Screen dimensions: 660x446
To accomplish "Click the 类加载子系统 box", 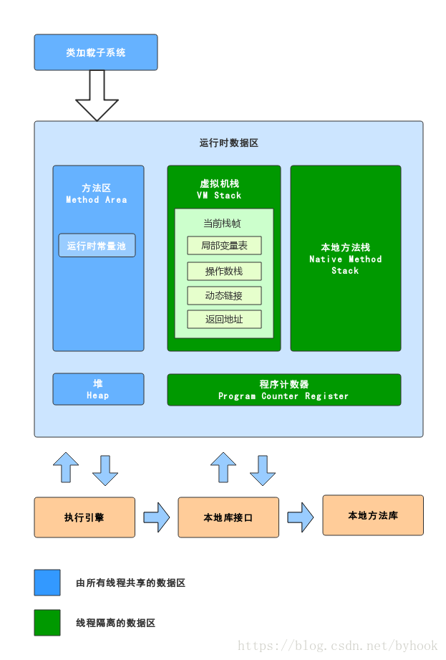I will click(96, 52).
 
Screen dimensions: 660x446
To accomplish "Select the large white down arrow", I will click(97, 97).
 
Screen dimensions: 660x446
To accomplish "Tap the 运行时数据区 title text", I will click(228, 143).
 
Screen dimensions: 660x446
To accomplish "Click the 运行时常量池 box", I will click(97, 246).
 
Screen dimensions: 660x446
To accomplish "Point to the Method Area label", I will click(97, 200).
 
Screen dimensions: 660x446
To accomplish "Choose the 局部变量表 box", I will click(224, 246).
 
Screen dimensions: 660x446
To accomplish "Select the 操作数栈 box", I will click(224, 271).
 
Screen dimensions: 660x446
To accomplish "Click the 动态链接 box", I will click(224, 295).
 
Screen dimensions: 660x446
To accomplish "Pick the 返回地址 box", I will click(224, 320).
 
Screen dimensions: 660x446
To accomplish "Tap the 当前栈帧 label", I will click(222, 224).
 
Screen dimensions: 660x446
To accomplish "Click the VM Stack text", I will click(219, 196).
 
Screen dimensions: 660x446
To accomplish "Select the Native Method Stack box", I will click(345, 258).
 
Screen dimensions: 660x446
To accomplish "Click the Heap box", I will click(98, 389).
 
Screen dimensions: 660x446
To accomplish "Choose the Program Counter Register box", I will click(283, 390).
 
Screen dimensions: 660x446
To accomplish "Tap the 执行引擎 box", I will click(84, 517).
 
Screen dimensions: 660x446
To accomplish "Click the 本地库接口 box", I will click(228, 517).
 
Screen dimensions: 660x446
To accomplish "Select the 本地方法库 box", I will click(373, 515).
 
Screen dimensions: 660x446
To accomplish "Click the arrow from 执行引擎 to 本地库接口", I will click(156, 517).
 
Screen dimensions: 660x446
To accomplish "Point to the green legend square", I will click(47, 623).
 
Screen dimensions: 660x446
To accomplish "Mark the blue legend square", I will click(47, 583).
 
